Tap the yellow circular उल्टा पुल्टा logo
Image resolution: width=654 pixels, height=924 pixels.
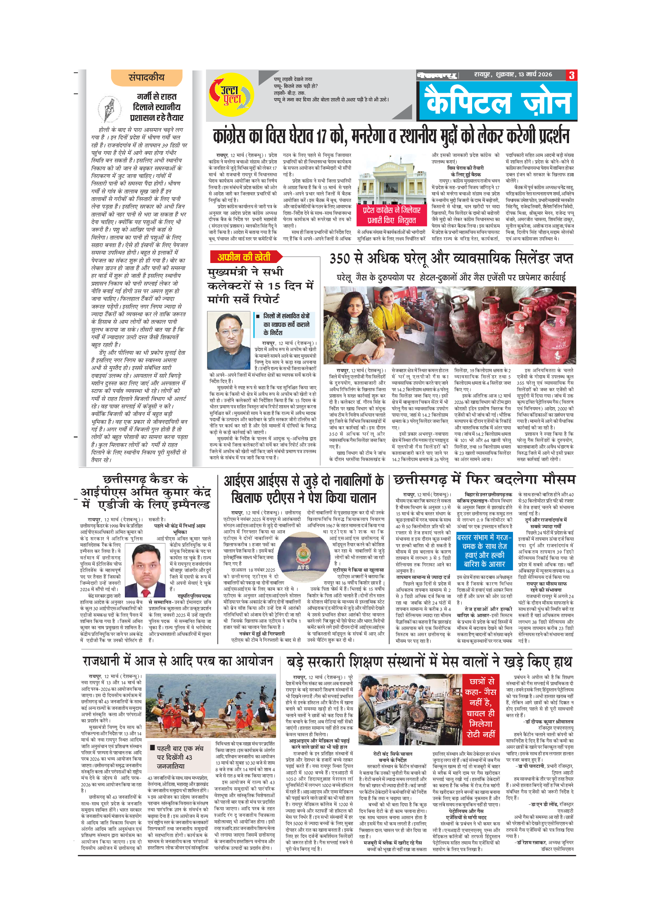coord(231,95)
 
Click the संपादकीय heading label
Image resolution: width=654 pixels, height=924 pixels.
coord(147,78)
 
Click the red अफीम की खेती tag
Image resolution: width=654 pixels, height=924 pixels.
coord(244,257)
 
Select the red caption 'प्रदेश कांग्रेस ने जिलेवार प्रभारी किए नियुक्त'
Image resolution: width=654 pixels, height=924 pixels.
coord(391,215)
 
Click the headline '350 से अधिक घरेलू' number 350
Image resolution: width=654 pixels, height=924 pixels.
coord(341,258)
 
